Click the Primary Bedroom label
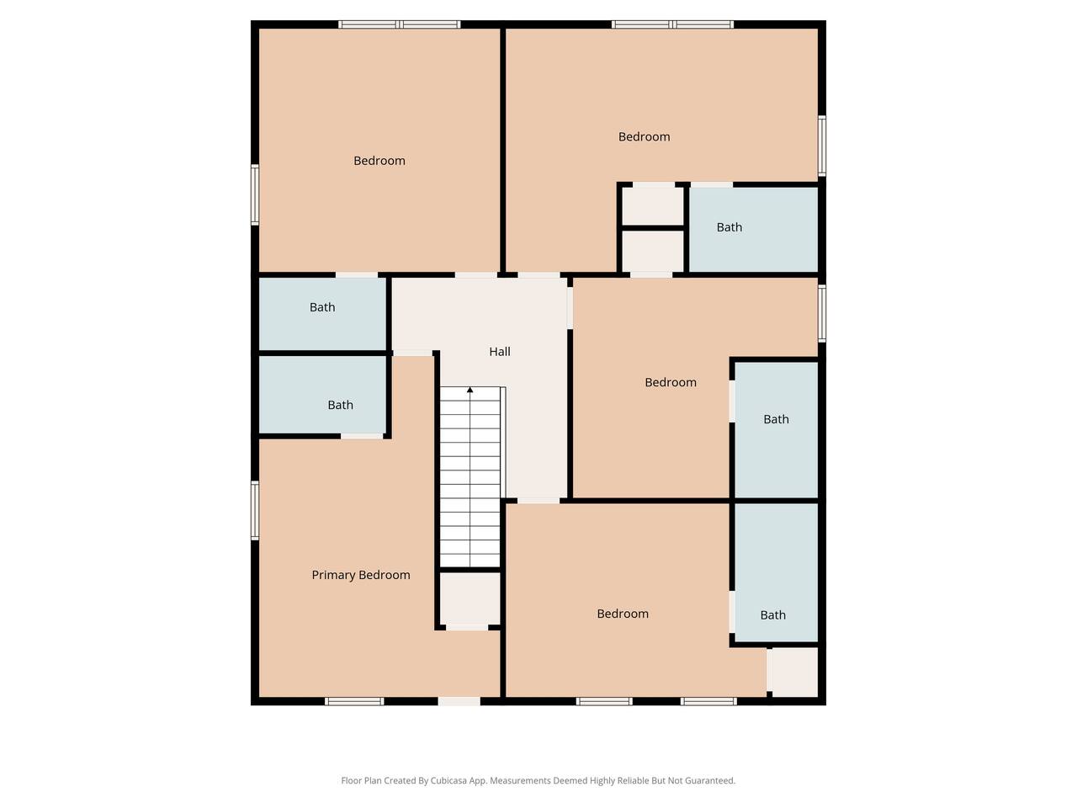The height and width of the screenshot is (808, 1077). [x=361, y=575]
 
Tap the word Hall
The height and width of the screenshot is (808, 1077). [x=500, y=351]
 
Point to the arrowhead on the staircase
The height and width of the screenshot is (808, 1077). [x=470, y=390]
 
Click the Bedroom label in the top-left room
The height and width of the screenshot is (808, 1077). [x=379, y=161]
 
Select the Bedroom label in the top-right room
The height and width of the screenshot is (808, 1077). [x=644, y=136]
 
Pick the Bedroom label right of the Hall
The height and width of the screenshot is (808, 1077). [x=671, y=382]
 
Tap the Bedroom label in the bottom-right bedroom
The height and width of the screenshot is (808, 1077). [x=623, y=614]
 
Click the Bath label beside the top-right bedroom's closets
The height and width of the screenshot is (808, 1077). [x=729, y=227]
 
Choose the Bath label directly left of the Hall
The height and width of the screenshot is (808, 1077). [x=322, y=307]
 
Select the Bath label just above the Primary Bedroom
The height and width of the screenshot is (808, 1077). [x=340, y=405]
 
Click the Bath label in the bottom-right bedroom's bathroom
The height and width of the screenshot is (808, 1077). [x=772, y=614]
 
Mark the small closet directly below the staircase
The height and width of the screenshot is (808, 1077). [x=470, y=598]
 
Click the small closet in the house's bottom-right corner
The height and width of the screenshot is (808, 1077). [x=793, y=672]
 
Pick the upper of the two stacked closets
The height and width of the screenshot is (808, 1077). [x=653, y=206]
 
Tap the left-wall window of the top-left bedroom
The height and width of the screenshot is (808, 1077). [x=255, y=194]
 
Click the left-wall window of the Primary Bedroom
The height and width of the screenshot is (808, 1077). [x=255, y=510]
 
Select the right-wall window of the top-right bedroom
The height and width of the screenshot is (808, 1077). [x=822, y=146]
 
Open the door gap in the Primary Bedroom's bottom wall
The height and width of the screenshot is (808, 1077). [x=459, y=702]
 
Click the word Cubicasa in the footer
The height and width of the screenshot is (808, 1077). [x=448, y=780]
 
